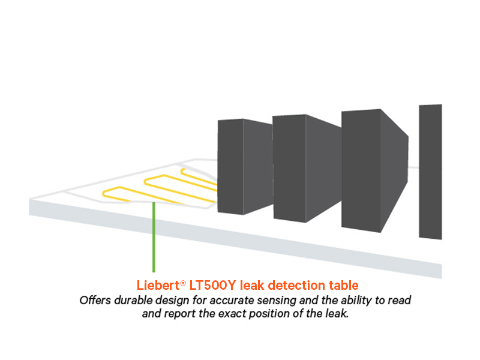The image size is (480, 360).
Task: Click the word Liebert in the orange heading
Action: (155, 284)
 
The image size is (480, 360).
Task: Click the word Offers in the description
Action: (94, 299)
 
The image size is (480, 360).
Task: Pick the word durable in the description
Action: (131, 299)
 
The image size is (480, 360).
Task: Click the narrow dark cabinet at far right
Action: (430, 171)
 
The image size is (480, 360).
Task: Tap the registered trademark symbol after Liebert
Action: (182, 281)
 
